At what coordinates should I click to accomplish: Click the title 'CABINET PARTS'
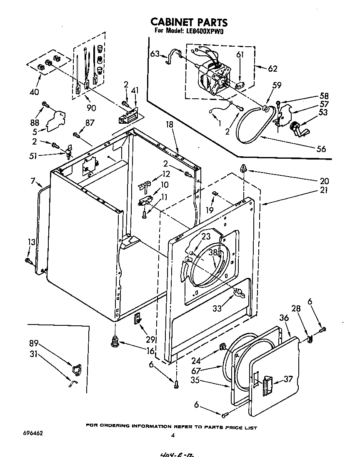tap(188, 22)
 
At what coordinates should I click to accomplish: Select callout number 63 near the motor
tap(155, 54)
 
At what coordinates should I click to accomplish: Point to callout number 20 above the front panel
tap(324, 181)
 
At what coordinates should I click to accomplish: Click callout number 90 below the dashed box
tap(91, 108)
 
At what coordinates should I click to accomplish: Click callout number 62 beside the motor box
tap(272, 69)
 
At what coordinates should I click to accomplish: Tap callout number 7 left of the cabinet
tap(33, 181)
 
